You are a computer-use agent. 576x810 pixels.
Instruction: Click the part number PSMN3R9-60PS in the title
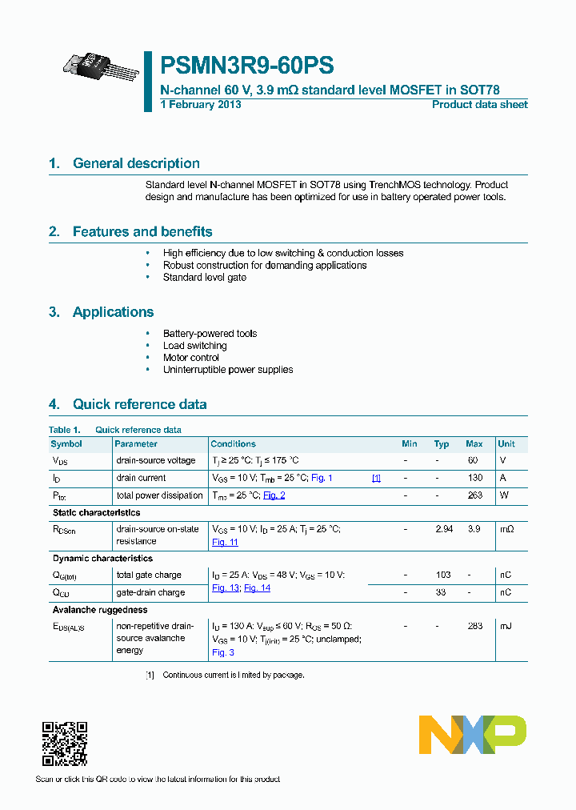(x=247, y=66)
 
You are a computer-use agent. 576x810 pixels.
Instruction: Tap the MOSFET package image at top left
(x=101, y=69)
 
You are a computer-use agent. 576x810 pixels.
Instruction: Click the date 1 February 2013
(x=201, y=105)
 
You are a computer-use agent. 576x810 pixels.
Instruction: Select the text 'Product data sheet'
(x=479, y=105)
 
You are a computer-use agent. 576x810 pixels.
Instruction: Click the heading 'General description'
(x=136, y=163)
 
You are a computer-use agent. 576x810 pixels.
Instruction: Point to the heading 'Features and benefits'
(x=142, y=232)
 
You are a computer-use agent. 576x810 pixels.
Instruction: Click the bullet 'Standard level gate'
(x=204, y=277)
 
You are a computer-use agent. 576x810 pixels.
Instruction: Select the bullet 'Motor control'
(x=190, y=358)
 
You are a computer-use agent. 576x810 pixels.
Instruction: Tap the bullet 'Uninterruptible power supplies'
(x=227, y=370)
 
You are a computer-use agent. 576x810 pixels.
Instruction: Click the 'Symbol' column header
(x=66, y=443)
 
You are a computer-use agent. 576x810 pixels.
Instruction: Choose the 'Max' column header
(x=474, y=443)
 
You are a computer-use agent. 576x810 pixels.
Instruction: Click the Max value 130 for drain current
(x=474, y=478)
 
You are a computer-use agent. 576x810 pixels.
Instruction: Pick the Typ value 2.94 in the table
(x=442, y=529)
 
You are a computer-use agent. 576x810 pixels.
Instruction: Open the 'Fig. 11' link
(x=225, y=542)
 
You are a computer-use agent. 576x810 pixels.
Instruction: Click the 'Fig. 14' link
(x=257, y=587)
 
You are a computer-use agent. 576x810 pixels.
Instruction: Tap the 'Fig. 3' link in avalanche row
(x=222, y=652)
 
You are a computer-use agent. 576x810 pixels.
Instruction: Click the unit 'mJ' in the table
(x=506, y=626)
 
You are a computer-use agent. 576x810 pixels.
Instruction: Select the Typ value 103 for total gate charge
(x=442, y=575)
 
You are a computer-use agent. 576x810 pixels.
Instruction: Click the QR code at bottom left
(x=64, y=744)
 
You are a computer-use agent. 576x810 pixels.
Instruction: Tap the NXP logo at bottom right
(x=473, y=735)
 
